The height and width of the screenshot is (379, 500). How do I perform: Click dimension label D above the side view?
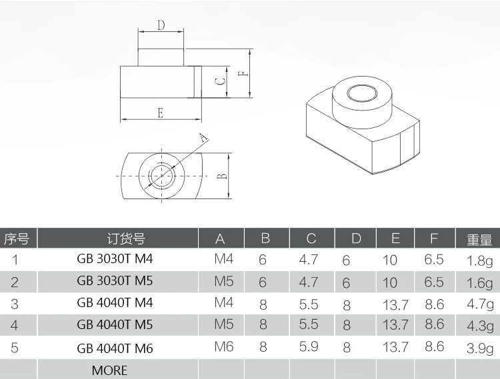[x=161, y=26]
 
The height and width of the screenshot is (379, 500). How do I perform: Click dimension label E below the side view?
[x=161, y=113]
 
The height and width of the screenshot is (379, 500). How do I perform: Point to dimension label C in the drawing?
[x=219, y=81]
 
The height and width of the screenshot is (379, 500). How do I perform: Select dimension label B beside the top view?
[x=223, y=176]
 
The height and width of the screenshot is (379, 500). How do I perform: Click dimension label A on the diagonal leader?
[x=204, y=138]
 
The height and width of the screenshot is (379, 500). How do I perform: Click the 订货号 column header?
[x=126, y=238]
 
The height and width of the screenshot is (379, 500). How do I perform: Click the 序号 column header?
[x=17, y=238]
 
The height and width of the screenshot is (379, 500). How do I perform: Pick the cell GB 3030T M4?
[x=115, y=259]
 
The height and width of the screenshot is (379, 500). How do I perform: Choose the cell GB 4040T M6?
[x=115, y=347]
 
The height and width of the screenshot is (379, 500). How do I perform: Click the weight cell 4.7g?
[x=479, y=304]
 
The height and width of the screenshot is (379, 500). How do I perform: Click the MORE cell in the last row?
[x=109, y=370]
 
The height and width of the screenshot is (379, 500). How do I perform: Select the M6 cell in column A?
[x=224, y=347]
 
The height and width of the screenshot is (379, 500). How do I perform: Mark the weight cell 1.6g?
[x=479, y=282]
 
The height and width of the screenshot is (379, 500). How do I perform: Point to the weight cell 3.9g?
[x=479, y=348]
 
